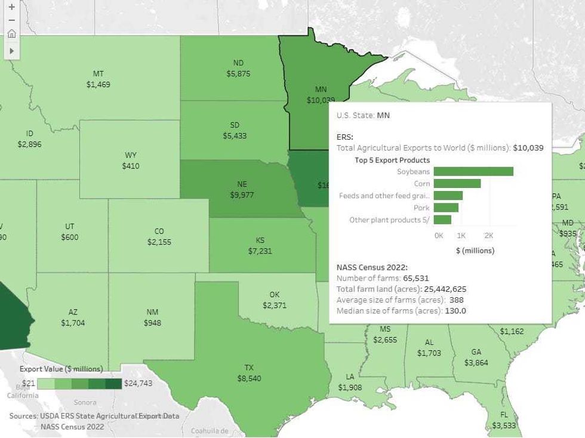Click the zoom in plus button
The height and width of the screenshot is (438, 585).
point(11,7)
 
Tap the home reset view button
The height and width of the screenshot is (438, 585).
point(11,33)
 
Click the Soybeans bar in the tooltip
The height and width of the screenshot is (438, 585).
point(473,171)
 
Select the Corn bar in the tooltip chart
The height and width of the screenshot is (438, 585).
point(457,184)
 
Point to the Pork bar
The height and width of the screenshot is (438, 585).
point(446,208)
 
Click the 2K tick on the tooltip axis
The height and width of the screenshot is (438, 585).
point(488,236)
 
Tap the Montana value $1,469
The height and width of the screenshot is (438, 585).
point(98,85)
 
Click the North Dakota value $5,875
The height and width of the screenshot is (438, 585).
point(238,74)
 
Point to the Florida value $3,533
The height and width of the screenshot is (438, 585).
point(504,425)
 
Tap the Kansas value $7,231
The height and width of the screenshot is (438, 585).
point(260,251)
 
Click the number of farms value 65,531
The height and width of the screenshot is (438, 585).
point(415,278)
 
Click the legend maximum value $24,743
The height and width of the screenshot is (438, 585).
point(138,383)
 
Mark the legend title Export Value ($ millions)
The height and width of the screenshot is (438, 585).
point(61,369)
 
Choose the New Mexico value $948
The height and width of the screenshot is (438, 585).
point(152,323)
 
